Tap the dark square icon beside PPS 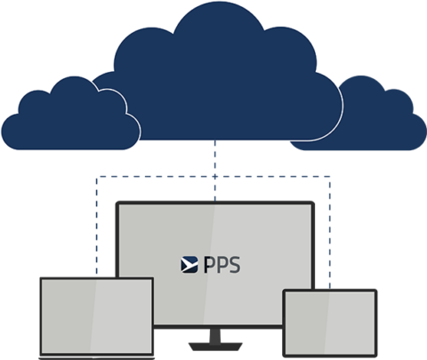tap(189, 263)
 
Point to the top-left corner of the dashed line tap(96, 175)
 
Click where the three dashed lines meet tap(214, 175)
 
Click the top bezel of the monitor tap(214, 204)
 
